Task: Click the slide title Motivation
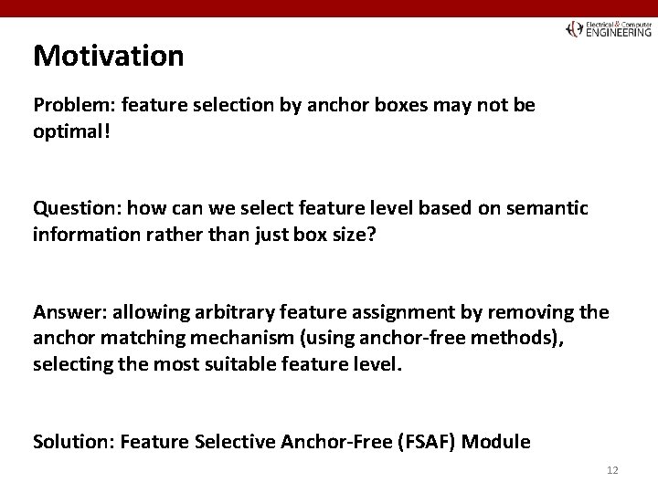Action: (x=108, y=56)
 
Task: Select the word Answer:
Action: (x=66, y=313)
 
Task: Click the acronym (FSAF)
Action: (x=428, y=442)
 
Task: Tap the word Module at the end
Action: (x=497, y=442)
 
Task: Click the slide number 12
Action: (x=612, y=469)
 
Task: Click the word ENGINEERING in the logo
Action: (x=619, y=31)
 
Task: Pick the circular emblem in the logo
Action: (x=574, y=28)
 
